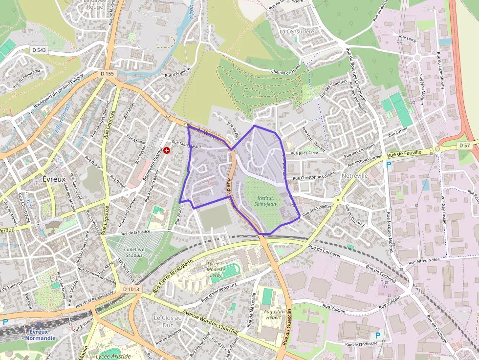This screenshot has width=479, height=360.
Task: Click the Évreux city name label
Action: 54,179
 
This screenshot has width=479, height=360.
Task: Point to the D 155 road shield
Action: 107,73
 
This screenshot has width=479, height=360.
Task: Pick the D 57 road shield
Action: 464,146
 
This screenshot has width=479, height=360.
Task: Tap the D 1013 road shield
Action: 131,289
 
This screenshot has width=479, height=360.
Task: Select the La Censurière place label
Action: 297,31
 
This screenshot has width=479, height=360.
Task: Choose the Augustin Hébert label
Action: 273,315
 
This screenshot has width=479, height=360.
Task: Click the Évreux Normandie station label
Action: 41,335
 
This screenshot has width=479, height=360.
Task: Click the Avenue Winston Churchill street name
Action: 210,322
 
